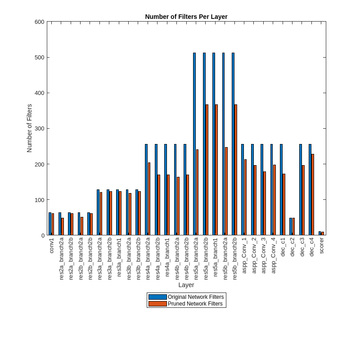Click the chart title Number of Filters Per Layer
pyautogui.click(x=186, y=17)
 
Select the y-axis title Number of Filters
pyautogui.click(x=30, y=128)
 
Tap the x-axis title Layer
pyautogui.click(x=186, y=285)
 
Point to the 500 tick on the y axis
pyautogui.click(x=40, y=57)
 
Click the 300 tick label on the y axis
pyautogui.click(x=40, y=128)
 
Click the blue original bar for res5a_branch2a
pyautogui.click(x=194, y=144)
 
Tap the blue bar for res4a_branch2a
pyautogui.click(x=146, y=189)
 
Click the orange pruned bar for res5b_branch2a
pyautogui.click(x=226, y=191)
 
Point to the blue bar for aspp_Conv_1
pyautogui.click(x=243, y=189)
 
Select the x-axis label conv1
pyautogui.click(x=51, y=246)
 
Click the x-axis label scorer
pyautogui.click(x=321, y=246)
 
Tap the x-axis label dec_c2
pyautogui.click(x=292, y=247)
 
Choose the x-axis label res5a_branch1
pyautogui.click(x=215, y=257)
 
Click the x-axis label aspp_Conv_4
pyautogui.click(x=273, y=255)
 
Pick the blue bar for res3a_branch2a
pyautogui.click(x=98, y=212)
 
